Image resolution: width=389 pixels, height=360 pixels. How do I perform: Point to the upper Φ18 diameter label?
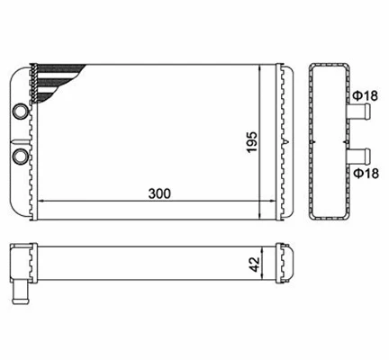365,97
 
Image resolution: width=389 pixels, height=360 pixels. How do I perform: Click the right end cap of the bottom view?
286,264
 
